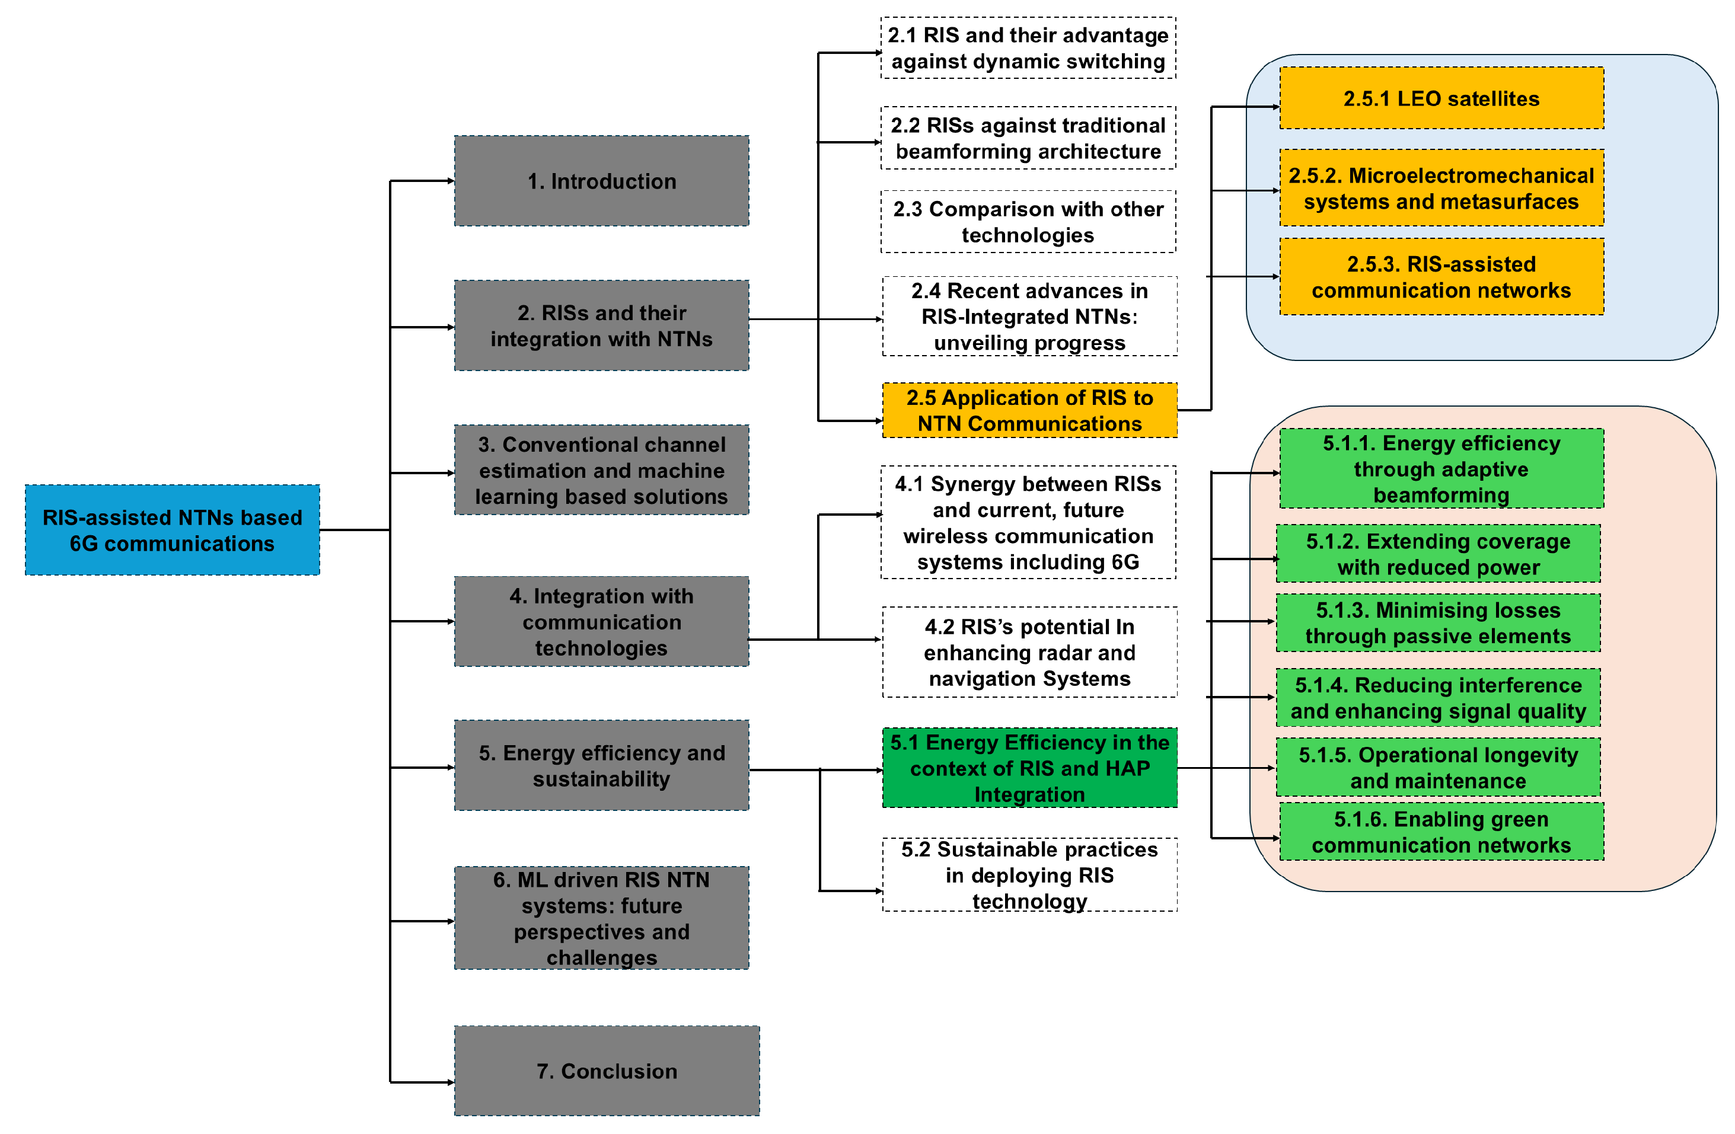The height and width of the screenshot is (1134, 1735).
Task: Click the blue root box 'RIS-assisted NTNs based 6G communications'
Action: [172, 530]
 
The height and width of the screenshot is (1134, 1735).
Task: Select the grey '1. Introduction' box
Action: [601, 181]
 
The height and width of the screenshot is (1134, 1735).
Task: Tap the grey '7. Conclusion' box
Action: [607, 1071]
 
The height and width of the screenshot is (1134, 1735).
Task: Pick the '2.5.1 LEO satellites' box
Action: [1441, 98]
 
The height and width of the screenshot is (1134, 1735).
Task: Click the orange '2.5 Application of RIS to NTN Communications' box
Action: [1029, 410]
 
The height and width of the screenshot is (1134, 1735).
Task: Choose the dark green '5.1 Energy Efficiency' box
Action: [1029, 768]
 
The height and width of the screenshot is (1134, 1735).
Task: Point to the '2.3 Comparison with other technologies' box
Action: [1028, 222]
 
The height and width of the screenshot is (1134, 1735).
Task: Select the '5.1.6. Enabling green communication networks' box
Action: [1441, 832]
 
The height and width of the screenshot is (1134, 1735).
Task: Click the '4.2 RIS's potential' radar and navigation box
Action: [1029, 652]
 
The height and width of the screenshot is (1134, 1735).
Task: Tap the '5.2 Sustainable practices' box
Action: [1029, 874]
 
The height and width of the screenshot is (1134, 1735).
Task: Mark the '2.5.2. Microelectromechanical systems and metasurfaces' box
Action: [1441, 188]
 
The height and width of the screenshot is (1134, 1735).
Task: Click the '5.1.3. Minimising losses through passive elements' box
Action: [1437, 623]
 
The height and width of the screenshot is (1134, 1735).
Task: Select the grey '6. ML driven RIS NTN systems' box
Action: [601, 918]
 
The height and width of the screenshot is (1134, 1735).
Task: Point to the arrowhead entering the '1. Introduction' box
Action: [451, 181]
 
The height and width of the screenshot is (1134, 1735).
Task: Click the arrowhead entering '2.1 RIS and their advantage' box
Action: [878, 53]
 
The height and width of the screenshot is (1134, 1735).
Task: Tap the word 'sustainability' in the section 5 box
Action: [601, 779]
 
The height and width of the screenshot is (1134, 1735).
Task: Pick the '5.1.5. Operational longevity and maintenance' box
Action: [1437, 768]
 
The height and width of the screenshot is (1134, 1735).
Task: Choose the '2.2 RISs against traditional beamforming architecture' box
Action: [1028, 139]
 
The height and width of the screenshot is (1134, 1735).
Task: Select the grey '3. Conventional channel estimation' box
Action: [601, 470]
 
